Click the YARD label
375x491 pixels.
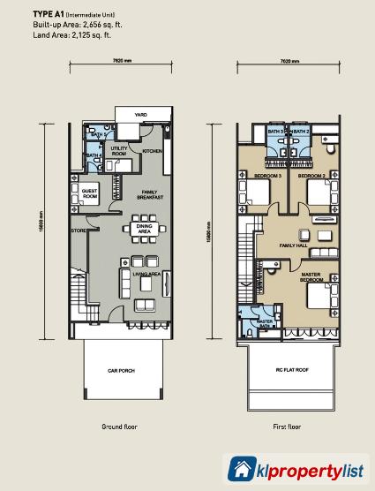point(140,115)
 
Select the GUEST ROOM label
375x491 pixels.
point(89,193)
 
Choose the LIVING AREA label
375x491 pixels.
point(146,274)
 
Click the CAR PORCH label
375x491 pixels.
point(123,371)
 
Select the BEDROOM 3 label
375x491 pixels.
point(268,177)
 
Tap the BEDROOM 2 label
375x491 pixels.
point(311,177)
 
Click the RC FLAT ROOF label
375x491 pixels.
point(291,371)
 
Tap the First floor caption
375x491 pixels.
point(287,427)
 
